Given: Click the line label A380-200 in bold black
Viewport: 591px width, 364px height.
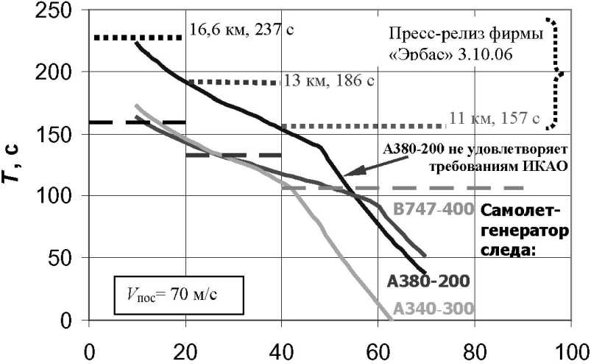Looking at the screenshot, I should click(427, 280).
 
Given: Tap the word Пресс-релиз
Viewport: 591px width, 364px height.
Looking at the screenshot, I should click(428, 34).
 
